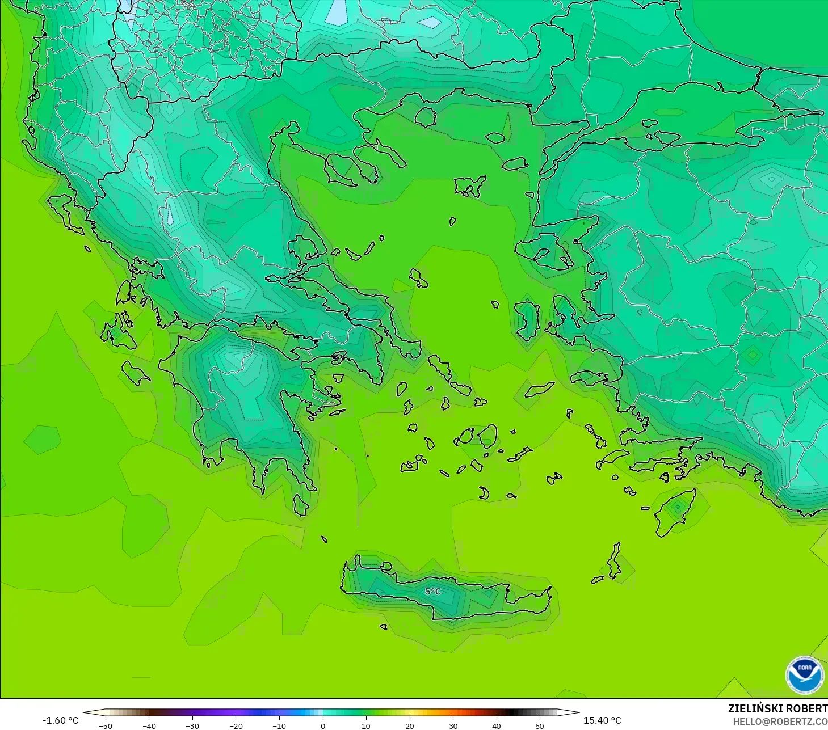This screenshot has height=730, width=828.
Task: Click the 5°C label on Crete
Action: pyautogui.click(x=432, y=592)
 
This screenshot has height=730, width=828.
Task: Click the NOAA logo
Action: pyautogui.click(x=804, y=675)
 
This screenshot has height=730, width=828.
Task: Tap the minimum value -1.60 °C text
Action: pyautogui.click(x=61, y=720)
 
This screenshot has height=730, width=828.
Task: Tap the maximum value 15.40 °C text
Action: pyautogui.click(x=602, y=720)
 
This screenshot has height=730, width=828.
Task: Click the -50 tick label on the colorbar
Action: pyautogui.click(x=105, y=725)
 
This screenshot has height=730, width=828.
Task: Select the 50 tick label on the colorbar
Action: pyautogui.click(x=539, y=725)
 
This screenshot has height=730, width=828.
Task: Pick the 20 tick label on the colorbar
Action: pyautogui.click(x=409, y=725)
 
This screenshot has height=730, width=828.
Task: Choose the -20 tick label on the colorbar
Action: pyautogui.click(x=236, y=725)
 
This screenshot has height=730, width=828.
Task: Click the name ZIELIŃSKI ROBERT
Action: pyautogui.click(x=777, y=708)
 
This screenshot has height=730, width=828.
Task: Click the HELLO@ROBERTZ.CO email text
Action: pyautogui.click(x=780, y=721)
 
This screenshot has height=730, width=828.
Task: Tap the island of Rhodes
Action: pyautogui.click(x=675, y=512)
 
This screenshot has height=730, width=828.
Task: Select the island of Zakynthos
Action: pyautogui.click(x=135, y=373)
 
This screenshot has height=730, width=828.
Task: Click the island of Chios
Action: pyautogui.click(x=528, y=320)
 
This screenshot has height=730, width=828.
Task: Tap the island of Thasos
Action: pyautogui.click(x=425, y=117)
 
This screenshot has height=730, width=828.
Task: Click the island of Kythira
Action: pyautogui.click(x=301, y=504)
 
